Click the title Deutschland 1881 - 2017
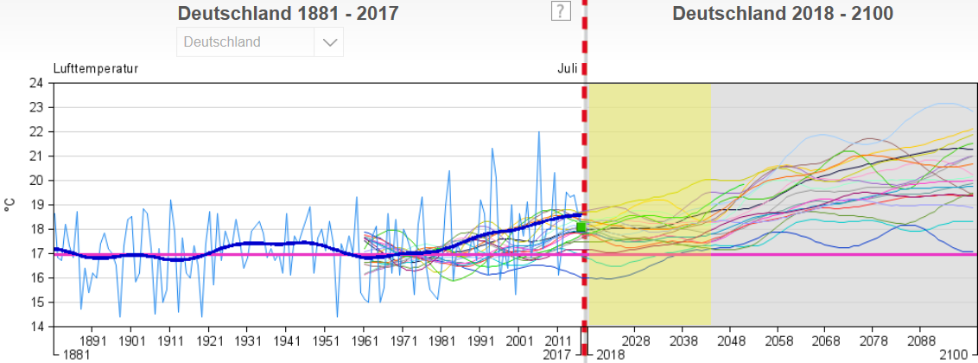288,14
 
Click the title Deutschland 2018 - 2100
783,14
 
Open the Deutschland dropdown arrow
329,42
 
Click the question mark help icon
562,10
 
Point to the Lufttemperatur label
95,68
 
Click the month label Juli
567,68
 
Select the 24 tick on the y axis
35,84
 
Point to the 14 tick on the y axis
35,327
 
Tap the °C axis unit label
10,205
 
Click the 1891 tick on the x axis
92,341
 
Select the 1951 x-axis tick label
326,341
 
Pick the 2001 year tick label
520,341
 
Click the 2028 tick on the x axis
636,341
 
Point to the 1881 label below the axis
73,355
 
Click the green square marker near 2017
581,227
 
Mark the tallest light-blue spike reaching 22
539,133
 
